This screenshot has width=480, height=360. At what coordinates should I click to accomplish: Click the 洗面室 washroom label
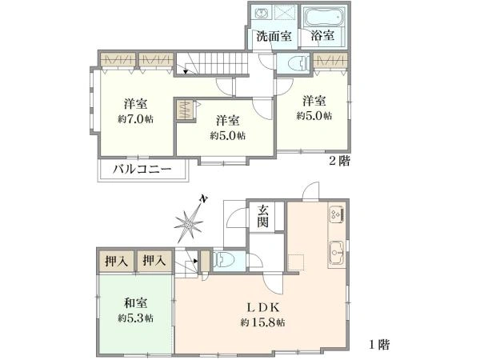pos(274,37)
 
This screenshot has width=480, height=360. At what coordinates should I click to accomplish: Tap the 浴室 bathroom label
pos(322,36)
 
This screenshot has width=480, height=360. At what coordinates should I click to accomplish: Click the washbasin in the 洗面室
pos(261,14)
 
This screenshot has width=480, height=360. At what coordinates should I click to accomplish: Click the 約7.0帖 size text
pos(136,118)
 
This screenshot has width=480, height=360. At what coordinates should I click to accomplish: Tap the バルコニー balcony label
pos(142,169)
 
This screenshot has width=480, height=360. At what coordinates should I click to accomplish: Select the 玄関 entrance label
pos(263,217)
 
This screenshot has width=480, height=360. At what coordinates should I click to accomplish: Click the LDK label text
pos(263,307)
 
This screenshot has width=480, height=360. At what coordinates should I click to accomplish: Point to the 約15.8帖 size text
pos(262,322)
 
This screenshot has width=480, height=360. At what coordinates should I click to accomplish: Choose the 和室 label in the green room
pos(136,303)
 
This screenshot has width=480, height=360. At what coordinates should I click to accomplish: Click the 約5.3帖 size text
pos(136,318)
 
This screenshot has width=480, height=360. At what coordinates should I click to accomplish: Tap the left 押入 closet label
pos(116,261)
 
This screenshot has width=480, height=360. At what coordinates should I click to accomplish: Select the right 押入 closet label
pos(154,261)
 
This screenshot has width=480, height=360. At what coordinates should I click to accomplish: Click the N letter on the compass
pos(202,198)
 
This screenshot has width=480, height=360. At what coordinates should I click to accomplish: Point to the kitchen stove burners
pos(338,214)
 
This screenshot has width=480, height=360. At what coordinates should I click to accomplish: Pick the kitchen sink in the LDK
pos(337,253)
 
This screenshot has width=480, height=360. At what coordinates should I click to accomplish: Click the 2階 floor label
pos(339,162)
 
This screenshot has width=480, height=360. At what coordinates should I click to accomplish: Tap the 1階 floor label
pos(379,346)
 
